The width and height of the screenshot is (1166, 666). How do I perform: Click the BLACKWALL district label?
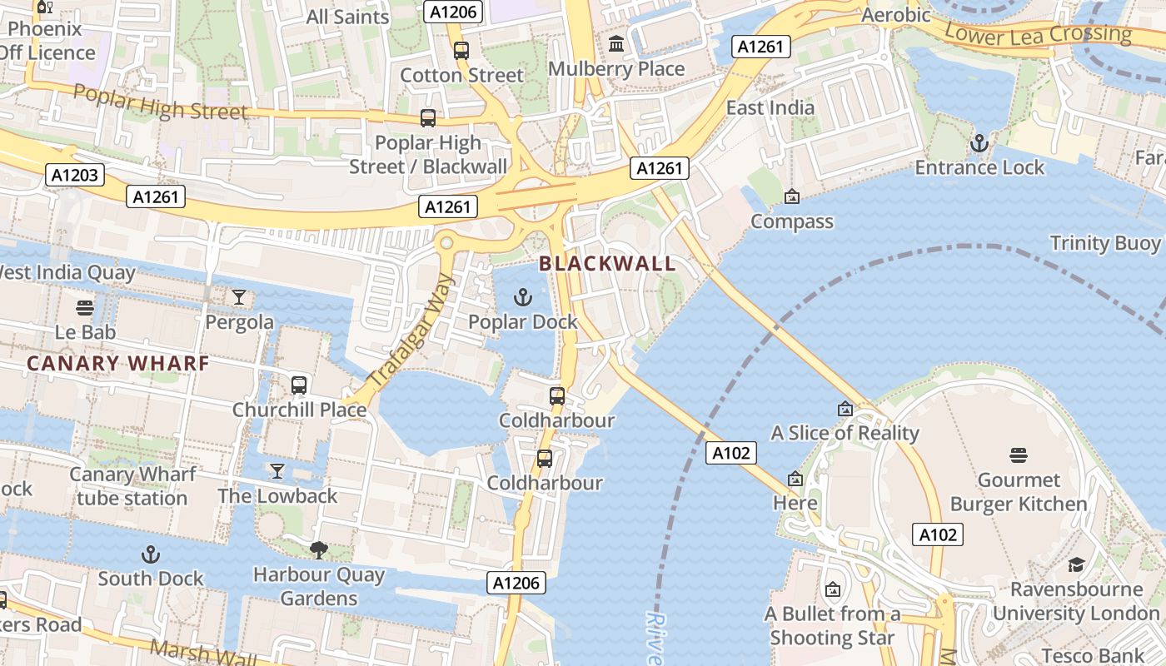(606, 264)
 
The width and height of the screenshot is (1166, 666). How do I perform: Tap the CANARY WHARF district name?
(117, 364)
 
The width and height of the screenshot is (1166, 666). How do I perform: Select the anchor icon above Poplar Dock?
(522, 297)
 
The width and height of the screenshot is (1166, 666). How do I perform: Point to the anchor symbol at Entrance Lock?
(979, 143)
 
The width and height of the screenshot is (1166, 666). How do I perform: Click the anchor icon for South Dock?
(151, 554)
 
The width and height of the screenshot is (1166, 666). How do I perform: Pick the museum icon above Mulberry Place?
(616, 43)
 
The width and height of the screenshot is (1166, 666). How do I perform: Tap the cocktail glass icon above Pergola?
(239, 297)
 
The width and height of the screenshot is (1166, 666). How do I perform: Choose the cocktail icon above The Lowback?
(277, 471)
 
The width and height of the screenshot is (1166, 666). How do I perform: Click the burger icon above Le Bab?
(84, 308)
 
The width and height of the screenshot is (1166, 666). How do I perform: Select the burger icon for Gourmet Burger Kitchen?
(1018, 455)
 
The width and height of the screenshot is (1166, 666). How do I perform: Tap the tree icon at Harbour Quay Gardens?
(318, 549)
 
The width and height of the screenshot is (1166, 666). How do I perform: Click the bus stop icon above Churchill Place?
(299, 385)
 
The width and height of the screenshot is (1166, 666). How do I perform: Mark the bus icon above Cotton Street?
(461, 51)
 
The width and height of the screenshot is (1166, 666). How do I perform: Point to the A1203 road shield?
(75, 175)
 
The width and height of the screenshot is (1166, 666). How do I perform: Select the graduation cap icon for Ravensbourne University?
(1076, 564)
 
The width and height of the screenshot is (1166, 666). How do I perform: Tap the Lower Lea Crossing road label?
(1039, 34)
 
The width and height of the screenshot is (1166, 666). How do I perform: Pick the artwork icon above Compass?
(791, 196)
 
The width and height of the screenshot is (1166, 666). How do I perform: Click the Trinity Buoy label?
(1104, 243)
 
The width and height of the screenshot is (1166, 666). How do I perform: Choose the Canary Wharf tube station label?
(132, 486)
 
